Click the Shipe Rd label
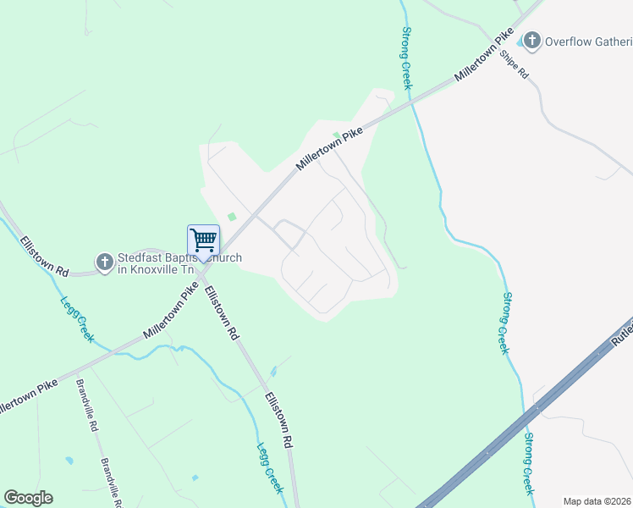[515, 64]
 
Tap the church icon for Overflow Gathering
[531, 40]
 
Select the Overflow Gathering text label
[587, 41]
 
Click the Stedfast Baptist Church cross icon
[104, 262]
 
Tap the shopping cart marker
[203, 240]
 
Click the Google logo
[28, 498]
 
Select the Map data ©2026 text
[597, 500]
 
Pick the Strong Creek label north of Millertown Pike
[405, 58]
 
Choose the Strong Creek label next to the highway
[528, 464]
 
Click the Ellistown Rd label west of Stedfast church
[45, 255]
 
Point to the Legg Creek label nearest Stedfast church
[77, 318]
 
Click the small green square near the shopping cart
[232, 217]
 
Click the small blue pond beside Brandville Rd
[69, 461]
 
